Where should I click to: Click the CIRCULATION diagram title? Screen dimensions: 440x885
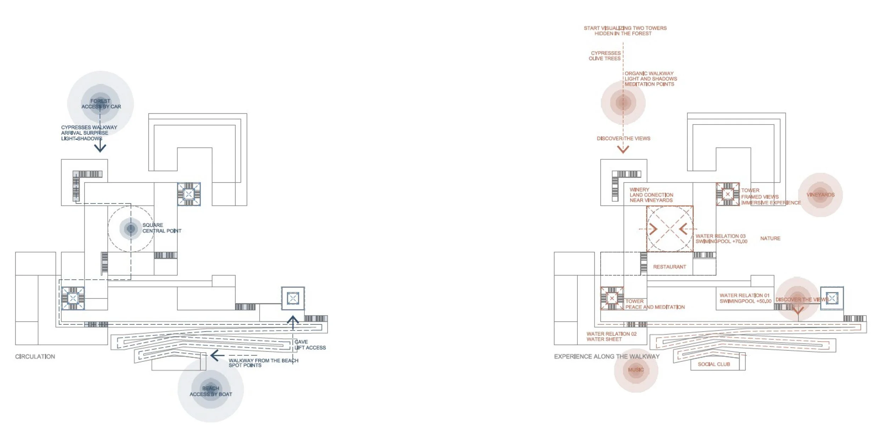tap(35, 357)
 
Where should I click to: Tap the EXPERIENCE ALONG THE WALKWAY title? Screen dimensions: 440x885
tap(607, 357)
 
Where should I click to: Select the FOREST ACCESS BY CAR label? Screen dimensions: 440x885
tap(101, 104)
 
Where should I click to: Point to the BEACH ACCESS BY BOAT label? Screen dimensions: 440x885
tap(211, 391)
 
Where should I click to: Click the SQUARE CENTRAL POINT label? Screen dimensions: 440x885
tap(161, 228)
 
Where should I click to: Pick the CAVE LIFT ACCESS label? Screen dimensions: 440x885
tap(310, 345)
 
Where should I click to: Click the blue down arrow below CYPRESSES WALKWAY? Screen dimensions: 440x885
tap(100, 146)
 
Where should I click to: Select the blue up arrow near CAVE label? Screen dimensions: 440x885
tap(293, 321)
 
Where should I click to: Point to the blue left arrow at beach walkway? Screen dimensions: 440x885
tap(217, 355)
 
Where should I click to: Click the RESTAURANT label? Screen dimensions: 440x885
tap(669, 267)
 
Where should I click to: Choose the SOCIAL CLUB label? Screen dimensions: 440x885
tap(714, 364)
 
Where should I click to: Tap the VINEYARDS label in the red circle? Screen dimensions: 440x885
tap(820, 195)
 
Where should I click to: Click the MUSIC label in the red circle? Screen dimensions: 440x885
tap(636, 370)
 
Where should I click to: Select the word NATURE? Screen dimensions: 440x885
tap(770, 238)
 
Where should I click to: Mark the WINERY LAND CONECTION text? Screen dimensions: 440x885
tap(651, 195)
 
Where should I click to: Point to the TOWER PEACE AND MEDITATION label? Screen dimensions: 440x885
tap(655, 304)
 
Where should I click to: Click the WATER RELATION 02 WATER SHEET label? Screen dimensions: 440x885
tap(611, 336)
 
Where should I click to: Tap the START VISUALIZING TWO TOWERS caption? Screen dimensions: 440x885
tap(625, 31)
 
